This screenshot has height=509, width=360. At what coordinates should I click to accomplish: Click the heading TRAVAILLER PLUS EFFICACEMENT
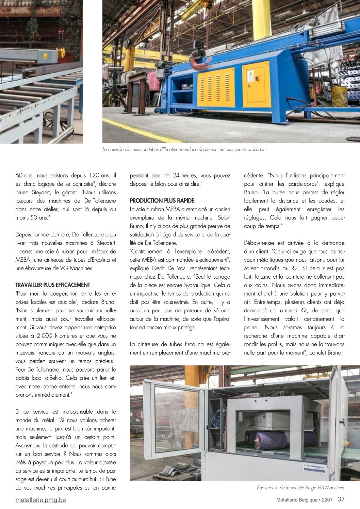tap(53, 285)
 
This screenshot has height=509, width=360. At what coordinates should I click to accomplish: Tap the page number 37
tap(341, 499)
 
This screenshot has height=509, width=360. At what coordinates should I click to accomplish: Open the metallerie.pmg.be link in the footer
tap(41, 500)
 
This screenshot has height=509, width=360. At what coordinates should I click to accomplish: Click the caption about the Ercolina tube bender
tap(184, 149)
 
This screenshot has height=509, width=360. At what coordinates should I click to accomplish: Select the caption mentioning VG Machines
tap(300, 488)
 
